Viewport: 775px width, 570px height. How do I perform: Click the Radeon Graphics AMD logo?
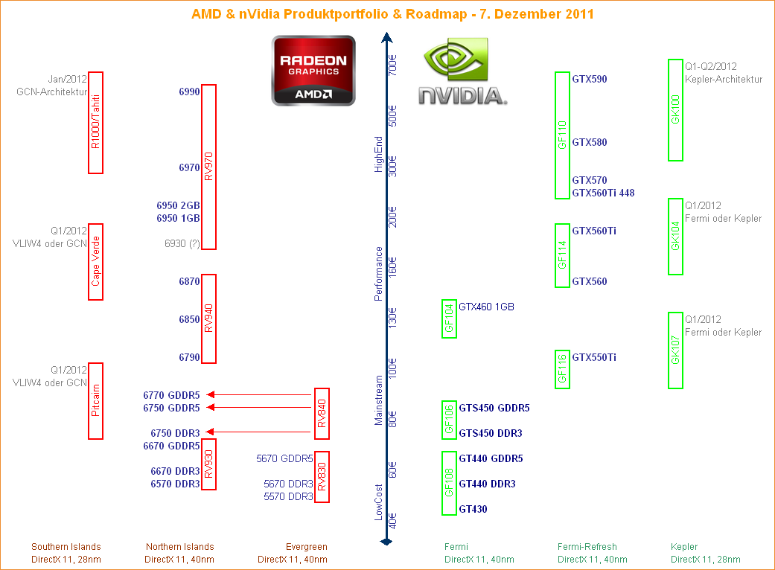(x=313, y=70)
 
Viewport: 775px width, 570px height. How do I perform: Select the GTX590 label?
(x=589, y=79)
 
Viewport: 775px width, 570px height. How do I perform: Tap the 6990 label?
(x=189, y=92)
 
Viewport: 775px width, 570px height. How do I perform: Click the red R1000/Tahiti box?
(x=95, y=123)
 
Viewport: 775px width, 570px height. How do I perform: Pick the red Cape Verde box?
(x=95, y=262)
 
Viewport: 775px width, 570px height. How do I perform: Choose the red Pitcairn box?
(x=95, y=401)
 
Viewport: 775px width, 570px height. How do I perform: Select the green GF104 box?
(x=449, y=318)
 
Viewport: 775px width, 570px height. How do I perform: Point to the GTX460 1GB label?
(x=486, y=307)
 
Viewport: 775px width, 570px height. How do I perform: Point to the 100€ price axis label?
(x=393, y=369)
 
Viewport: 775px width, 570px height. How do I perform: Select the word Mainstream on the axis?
(x=378, y=400)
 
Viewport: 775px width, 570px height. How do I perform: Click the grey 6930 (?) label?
(x=182, y=243)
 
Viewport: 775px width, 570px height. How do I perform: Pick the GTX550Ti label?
(x=593, y=357)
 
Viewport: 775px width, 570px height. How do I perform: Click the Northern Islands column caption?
(x=179, y=547)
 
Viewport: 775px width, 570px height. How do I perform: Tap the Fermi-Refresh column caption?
(x=587, y=547)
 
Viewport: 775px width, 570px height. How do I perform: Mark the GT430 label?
(x=473, y=509)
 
